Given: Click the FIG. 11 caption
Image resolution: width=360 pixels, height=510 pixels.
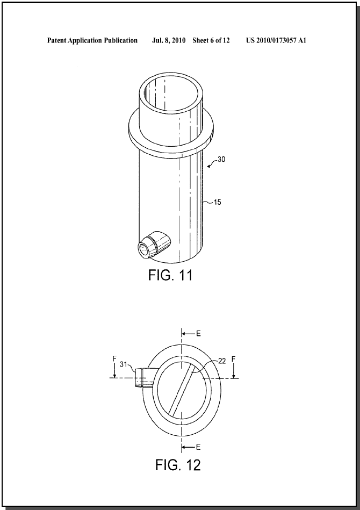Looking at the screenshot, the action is click(x=170, y=275).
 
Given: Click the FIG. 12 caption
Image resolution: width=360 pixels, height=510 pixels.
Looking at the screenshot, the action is click(x=178, y=465).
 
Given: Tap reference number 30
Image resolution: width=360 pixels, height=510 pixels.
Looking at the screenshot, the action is click(x=221, y=160).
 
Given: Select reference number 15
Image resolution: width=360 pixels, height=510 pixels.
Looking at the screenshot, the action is click(x=217, y=202).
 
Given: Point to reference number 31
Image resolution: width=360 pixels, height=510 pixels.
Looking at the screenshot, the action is click(x=123, y=364).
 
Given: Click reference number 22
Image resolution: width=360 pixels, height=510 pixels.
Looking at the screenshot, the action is click(x=222, y=361).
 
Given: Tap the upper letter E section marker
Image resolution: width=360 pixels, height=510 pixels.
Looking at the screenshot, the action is click(x=198, y=334).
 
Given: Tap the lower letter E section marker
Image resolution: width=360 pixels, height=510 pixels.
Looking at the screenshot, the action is click(x=198, y=447).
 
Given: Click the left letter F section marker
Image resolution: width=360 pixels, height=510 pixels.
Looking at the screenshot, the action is click(x=114, y=359).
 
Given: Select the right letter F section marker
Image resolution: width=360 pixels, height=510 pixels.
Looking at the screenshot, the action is click(x=234, y=359).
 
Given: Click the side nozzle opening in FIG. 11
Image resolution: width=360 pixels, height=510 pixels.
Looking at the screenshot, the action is click(x=143, y=250).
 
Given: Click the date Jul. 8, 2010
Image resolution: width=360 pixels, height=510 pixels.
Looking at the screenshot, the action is click(x=169, y=40).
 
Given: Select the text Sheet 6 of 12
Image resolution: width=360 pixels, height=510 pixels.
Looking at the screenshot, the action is click(x=211, y=40).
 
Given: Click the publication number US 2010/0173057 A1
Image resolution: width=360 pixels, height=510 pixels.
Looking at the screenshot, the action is click(x=276, y=40).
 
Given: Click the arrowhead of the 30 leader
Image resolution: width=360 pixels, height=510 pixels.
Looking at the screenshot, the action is click(x=209, y=166).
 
